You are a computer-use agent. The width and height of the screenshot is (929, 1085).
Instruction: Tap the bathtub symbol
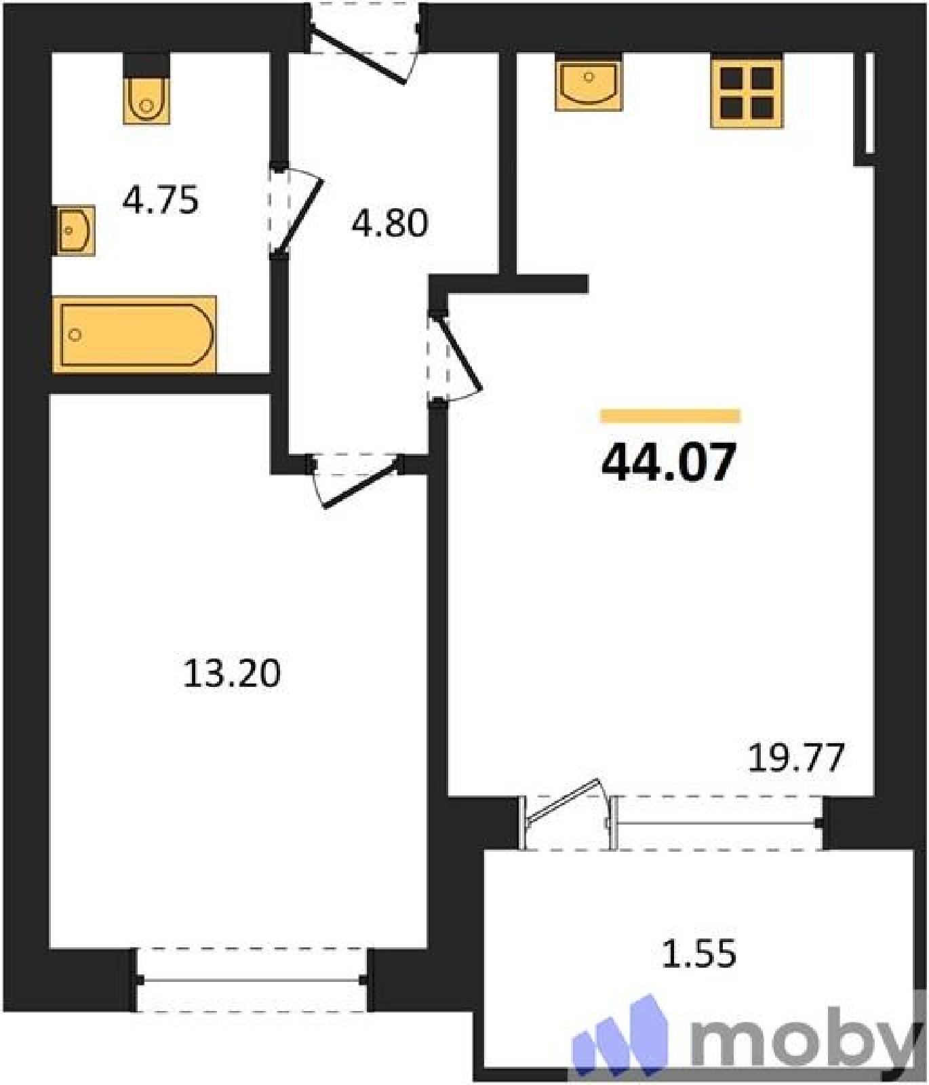[135, 334]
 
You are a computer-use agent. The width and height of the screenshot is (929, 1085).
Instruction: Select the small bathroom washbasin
[74, 231]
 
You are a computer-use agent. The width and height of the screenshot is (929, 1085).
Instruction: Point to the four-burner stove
[747, 93]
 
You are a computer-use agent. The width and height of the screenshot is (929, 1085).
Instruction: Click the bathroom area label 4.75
[161, 201]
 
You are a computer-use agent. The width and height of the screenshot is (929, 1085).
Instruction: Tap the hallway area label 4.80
[390, 223]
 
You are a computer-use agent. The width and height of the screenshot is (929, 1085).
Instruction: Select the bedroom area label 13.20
[232, 674]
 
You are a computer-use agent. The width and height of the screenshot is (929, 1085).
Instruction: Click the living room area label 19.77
[796, 758]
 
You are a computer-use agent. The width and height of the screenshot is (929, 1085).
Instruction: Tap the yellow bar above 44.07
[670, 416]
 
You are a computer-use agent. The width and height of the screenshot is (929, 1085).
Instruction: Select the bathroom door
[296, 211]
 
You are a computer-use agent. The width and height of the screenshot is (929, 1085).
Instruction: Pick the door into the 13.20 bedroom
[355, 479]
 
